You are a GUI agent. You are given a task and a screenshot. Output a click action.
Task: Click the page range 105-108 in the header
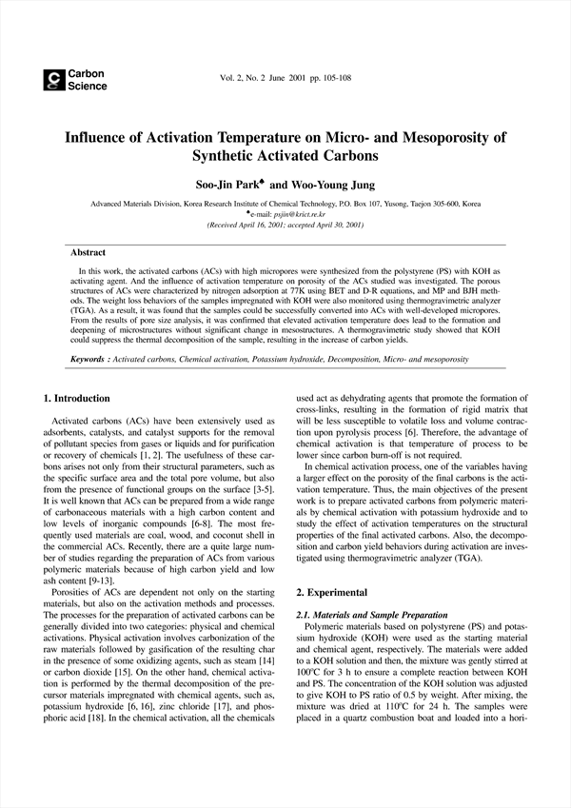coord(331,77)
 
